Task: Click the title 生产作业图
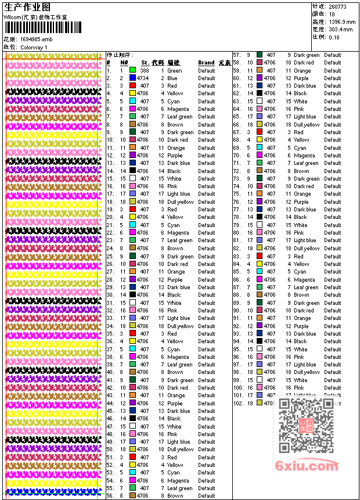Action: (27, 6)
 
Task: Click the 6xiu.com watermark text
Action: (307, 466)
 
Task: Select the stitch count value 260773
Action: (338, 6)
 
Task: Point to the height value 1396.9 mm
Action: (341, 21)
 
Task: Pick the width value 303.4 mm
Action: (340, 29)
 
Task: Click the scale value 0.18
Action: (334, 37)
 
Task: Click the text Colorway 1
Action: (34, 46)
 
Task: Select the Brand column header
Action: (206, 63)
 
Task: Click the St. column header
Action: (145, 63)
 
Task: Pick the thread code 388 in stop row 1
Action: (144, 70)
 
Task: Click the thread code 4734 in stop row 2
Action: (143, 78)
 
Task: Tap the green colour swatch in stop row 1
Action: (132, 70)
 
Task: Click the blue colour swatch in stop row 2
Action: (132, 78)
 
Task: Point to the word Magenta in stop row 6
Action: (178, 109)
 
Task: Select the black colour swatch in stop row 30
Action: (132, 295)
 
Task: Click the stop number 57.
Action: (237, 55)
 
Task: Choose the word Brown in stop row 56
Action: (175, 496)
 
